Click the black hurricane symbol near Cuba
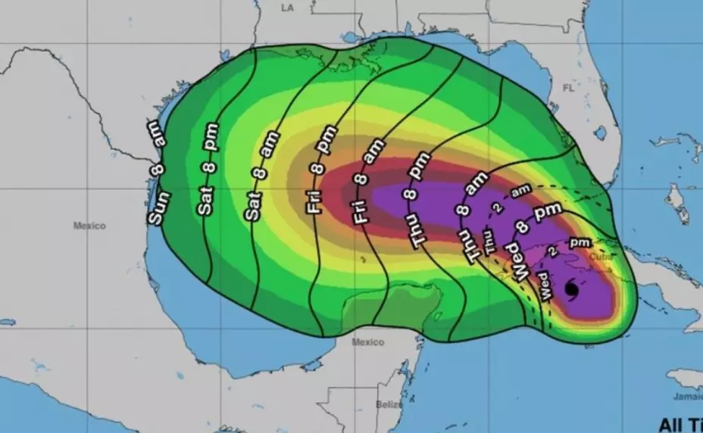[x=571, y=288]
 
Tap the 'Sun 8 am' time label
[x=156, y=172]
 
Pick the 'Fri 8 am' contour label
[x=364, y=185]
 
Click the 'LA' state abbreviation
[x=286, y=8]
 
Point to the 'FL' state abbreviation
[x=568, y=88]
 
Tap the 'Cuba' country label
[x=599, y=256]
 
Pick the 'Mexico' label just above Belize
[x=368, y=342]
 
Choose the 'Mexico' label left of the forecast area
[x=89, y=226]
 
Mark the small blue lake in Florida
[x=600, y=133]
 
